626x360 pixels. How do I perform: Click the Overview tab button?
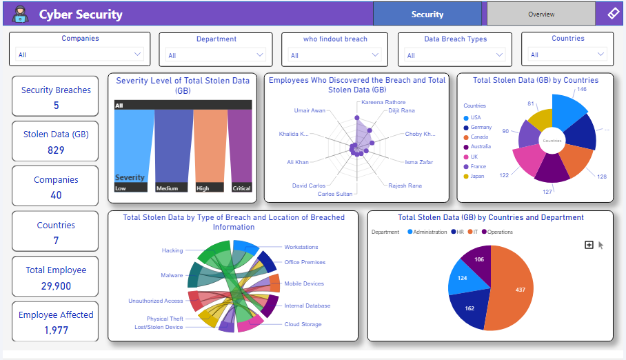[541, 14]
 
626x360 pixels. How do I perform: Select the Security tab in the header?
[427, 14]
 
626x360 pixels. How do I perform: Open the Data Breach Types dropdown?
[455, 55]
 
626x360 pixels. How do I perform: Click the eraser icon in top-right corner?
[613, 13]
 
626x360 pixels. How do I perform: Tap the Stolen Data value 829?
[55, 150]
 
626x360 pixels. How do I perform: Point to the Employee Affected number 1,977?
[55, 330]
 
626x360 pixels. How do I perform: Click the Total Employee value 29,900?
[55, 286]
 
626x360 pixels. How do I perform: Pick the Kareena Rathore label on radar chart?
[383, 102]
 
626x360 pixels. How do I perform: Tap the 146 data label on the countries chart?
[581, 89]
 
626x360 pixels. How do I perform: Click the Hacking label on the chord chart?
[172, 250]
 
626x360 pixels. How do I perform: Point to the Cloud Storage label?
[303, 324]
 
